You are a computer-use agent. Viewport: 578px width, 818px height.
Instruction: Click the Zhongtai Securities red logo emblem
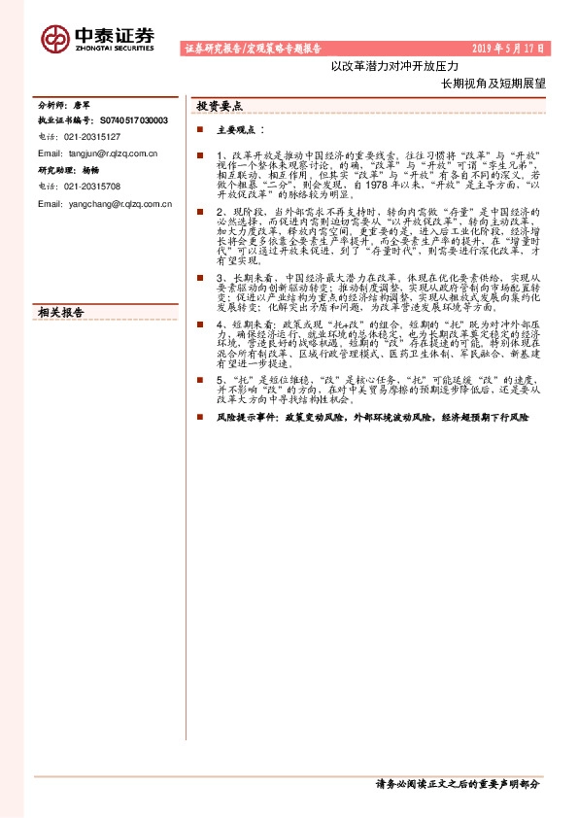pyautogui.click(x=54, y=38)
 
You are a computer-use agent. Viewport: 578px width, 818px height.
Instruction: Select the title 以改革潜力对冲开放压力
pyautogui.click(x=378, y=67)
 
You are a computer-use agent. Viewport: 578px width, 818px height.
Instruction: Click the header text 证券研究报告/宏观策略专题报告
pyautogui.click(x=253, y=48)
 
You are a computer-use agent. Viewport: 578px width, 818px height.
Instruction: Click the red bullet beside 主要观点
pyautogui.click(x=199, y=129)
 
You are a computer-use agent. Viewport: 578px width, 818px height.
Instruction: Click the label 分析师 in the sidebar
pyautogui.click(x=51, y=104)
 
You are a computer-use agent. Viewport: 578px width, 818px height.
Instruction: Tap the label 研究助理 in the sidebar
pyautogui.click(x=54, y=170)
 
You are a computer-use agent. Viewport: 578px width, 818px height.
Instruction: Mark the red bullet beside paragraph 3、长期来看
pyautogui.click(x=199, y=278)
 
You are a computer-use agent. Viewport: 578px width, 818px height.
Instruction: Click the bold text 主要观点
pyautogui.click(x=237, y=129)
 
